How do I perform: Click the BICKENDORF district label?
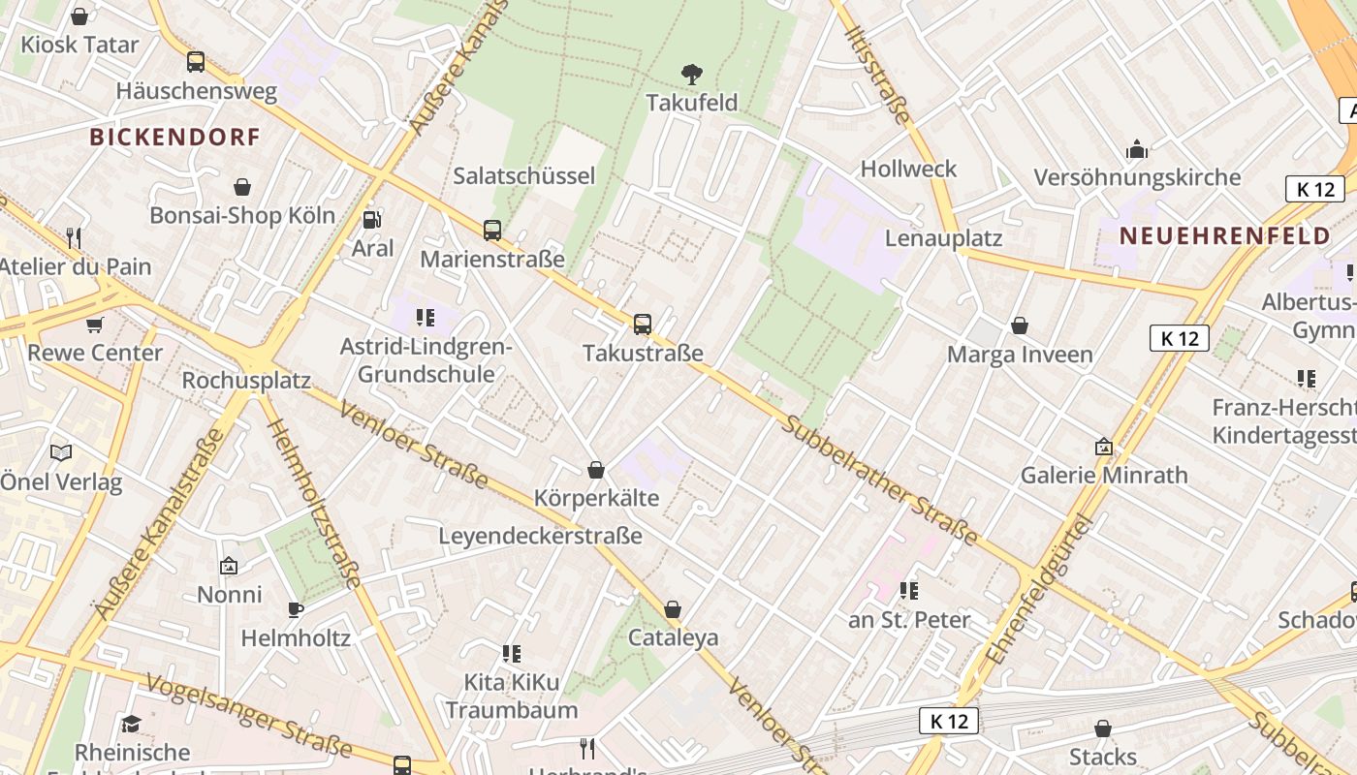pyautogui.click(x=175, y=137)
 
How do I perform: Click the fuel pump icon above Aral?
pyautogui.click(x=371, y=220)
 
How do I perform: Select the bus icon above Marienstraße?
pyautogui.click(x=492, y=230)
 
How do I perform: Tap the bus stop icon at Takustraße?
pyautogui.click(x=643, y=324)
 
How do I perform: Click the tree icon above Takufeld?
pyautogui.click(x=691, y=74)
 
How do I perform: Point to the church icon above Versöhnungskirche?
pyautogui.click(x=1137, y=149)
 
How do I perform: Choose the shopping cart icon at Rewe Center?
pyautogui.click(x=95, y=325)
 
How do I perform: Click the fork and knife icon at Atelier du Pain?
pyautogui.click(x=73, y=236)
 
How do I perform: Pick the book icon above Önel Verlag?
pyautogui.click(x=61, y=452)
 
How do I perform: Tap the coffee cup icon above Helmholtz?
pyautogui.click(x=296, y=609)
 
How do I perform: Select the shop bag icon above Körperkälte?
pyautogui.click(x=596, y=470)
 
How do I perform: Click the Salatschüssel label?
pyautogui.click(x=524, y=176)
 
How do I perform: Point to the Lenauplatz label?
pyautogui.click(x=944, y=238)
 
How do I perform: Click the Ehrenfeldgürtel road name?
pyautogui.click(x=1040, y=590)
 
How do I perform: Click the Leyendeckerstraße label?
pyautogui.click(x=540, y=536)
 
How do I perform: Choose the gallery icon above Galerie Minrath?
pyautogui.click(x=1104, y=447)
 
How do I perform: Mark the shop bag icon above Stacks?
pyautogui.click(x=1103, y=728)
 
